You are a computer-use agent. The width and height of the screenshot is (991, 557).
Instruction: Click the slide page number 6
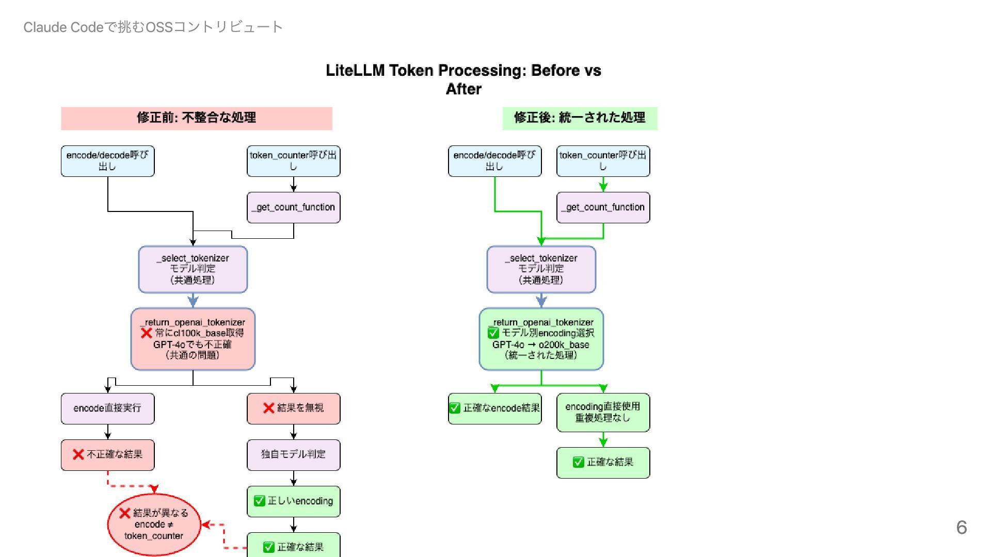click(x=961, y=527)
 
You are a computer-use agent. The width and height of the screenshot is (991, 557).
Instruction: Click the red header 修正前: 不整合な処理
click(x=197, y=118)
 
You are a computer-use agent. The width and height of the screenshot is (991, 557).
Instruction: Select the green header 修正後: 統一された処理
click(x=580, y=118)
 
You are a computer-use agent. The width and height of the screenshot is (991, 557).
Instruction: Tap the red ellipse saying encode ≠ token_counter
click(x=154, y=525)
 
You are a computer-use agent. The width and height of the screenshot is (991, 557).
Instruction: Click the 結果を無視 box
click(x=294, y=408)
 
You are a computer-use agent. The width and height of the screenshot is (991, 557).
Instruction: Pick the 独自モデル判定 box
click(x=294, y=455)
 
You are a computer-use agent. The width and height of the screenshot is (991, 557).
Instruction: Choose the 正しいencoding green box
click(x=294, y=501)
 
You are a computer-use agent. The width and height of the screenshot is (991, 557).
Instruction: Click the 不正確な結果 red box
click(x=108, y=455)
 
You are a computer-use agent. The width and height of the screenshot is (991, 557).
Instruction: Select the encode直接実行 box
click(x=108, y=408)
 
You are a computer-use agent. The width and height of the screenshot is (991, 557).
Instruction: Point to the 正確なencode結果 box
click(x=495, y=408)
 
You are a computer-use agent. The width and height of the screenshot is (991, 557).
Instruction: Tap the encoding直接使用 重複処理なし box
click(x=603, y=412)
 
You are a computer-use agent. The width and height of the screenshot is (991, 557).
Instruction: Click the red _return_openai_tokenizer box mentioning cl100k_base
click(x=193, y=339)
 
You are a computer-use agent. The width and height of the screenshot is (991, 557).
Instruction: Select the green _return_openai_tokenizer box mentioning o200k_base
click(x=541, y=339)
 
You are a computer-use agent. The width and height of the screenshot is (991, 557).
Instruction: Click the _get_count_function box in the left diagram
click(x=294, y=207)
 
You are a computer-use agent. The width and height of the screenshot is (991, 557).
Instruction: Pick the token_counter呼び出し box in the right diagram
click(x=603, y=161)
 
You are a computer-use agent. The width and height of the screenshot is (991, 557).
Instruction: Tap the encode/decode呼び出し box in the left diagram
click(x=108, y=161)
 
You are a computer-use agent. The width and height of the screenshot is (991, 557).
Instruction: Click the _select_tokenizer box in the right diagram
click(x=541, y=269)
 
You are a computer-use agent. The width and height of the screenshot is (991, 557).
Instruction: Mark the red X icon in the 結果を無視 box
click(x=268, y=408)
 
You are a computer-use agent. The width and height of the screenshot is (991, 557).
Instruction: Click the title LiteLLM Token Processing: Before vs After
click(x=463, y=79)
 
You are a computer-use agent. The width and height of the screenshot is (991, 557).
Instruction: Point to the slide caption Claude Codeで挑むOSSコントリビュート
click(x=153, y=27)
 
